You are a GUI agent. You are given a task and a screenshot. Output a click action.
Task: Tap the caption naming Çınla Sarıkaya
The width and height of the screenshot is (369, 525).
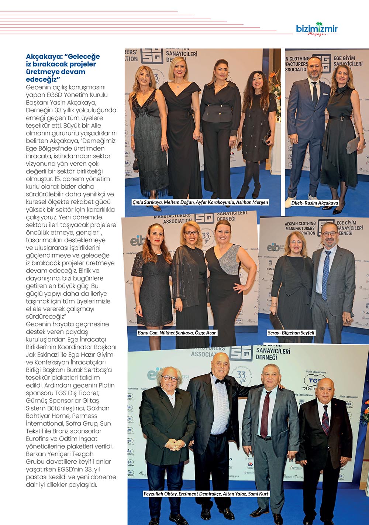click(200, 202)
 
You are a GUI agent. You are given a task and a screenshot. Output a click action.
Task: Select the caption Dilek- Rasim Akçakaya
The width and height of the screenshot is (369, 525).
click(315, 203)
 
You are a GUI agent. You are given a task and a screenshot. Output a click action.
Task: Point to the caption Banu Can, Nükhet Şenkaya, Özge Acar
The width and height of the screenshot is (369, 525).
click(177, 333)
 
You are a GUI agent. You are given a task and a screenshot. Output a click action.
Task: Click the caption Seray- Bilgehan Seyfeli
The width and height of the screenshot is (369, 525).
click(291, 333)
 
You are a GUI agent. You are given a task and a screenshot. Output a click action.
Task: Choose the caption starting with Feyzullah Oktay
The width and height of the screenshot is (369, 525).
click(206, 494)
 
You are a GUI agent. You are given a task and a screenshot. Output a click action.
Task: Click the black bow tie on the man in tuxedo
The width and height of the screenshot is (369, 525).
click(220, 381)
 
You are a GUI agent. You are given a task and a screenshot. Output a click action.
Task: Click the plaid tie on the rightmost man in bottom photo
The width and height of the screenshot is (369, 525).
click(325, 420)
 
